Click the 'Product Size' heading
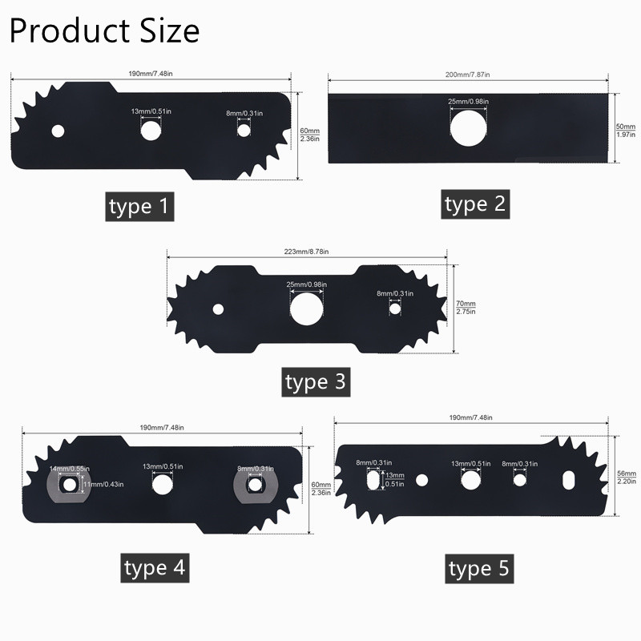point(104,30)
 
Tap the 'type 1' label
point(140,207)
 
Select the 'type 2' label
point(477,204)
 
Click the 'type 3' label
point(316,381)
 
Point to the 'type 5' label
point(479,570)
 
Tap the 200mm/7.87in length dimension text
point(468,75)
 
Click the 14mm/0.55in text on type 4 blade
point(69,468)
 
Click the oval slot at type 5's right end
point(567,478)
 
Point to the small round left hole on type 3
point(217,308)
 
